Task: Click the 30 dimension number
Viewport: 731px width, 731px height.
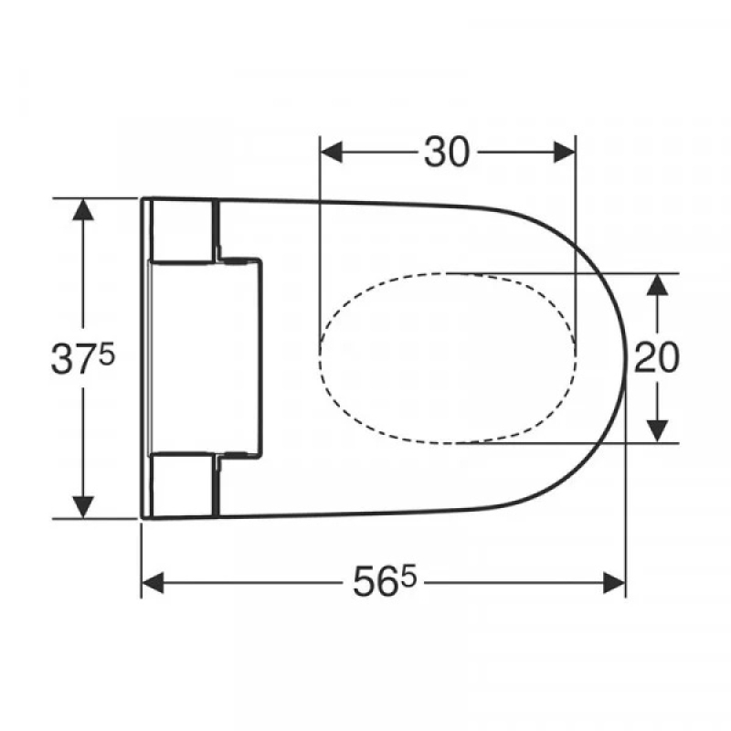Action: (x=447, y=153)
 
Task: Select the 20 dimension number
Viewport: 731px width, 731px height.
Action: (x=657, y=357)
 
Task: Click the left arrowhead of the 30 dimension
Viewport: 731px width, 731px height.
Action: (x=331, y=153)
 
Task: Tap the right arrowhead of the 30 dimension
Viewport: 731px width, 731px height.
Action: (x=564, y=153)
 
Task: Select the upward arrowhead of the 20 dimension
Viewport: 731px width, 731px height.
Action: (x=657, y=284)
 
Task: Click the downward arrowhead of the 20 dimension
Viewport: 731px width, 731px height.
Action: (x=657, y=430)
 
